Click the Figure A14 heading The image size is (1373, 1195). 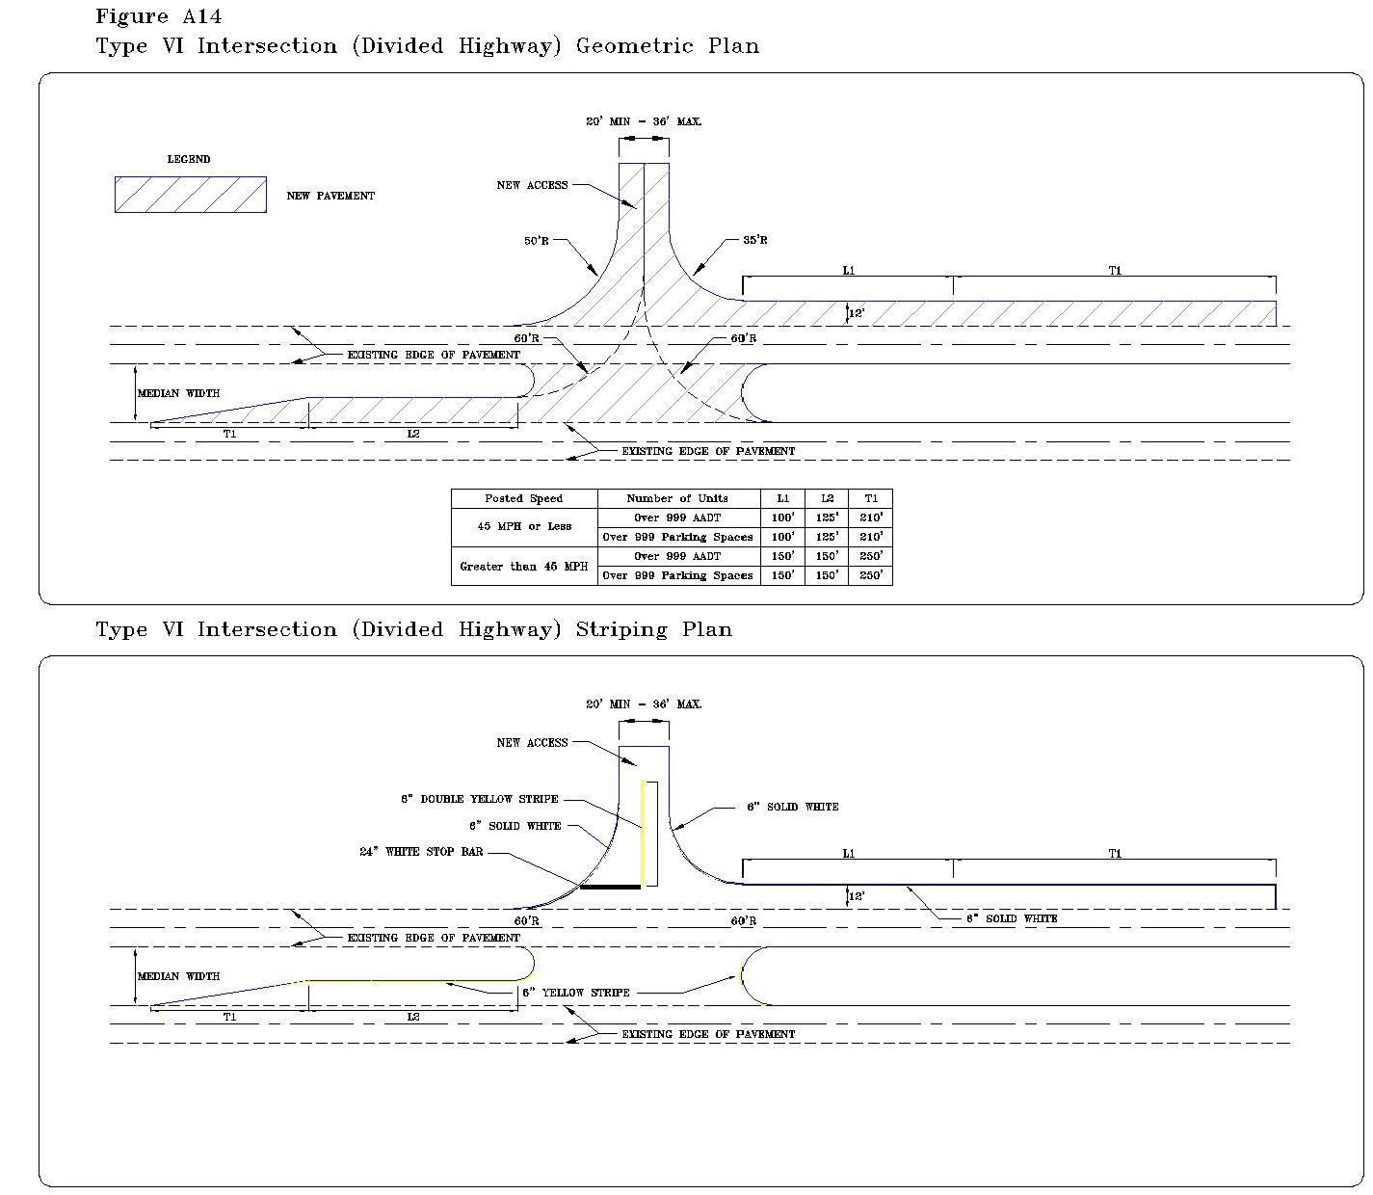(159, 16)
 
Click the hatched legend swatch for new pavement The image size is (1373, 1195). (191, 195)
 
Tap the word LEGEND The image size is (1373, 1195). (189, 159)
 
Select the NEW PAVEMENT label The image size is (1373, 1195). (330, 196)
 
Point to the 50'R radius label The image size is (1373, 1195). (537, 241)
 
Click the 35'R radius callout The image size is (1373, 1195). (755, 241)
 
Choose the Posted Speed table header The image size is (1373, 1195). (524, 498)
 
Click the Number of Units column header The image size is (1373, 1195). (677, 498)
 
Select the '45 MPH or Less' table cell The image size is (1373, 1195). (524, 527)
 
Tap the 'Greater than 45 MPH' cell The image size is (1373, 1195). (524, 566)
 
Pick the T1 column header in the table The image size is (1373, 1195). (871, 498)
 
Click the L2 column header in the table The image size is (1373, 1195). (827, 498)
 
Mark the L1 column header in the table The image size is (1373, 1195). (782, 498)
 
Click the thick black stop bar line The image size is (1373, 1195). (610, 887)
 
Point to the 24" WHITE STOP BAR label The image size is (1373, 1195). (421, 852)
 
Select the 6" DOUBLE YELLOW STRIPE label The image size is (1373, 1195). (480, 799)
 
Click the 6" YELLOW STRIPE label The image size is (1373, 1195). (576, 993)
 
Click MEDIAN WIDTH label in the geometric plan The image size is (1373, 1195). (178, 393)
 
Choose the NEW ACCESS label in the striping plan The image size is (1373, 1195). (532, 743)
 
